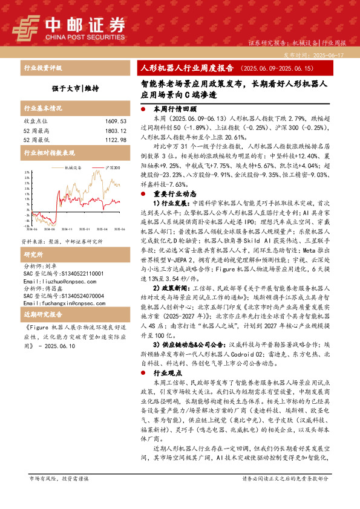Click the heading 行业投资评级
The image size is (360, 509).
click(x=38, y=68)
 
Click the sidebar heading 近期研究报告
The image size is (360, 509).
click(x=39, y=316)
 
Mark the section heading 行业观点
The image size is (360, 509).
click(x=166, y=373)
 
